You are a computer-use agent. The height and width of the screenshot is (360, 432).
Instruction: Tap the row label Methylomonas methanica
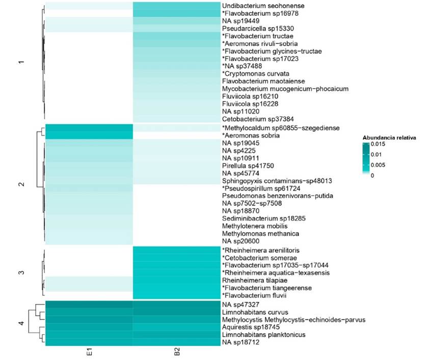253,234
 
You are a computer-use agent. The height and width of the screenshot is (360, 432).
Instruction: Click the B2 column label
176,353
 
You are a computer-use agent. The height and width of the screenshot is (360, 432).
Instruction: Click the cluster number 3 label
21,273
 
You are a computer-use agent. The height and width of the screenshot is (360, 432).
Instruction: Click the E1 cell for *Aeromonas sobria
89,135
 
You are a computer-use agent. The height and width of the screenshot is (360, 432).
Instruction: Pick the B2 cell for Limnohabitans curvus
176,312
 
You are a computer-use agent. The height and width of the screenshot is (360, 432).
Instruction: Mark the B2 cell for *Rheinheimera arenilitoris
176,250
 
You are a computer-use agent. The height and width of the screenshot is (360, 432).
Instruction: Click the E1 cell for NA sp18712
89,342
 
